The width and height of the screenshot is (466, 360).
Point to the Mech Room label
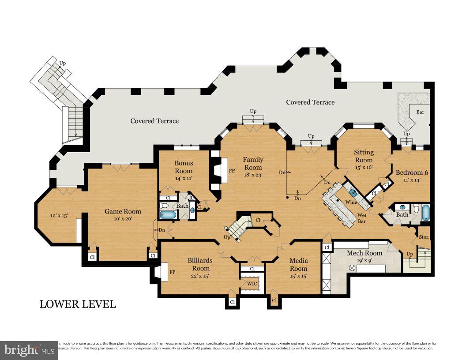364,253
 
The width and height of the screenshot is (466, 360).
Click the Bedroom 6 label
412,172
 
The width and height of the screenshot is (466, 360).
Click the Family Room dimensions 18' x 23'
253,175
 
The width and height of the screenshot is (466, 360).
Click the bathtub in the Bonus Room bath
167,215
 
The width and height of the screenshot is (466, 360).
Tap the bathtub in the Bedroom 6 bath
425,212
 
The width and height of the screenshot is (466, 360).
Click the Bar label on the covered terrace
420,112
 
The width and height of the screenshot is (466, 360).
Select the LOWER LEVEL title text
78,304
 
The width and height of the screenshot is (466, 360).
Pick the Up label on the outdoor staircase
63,63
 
